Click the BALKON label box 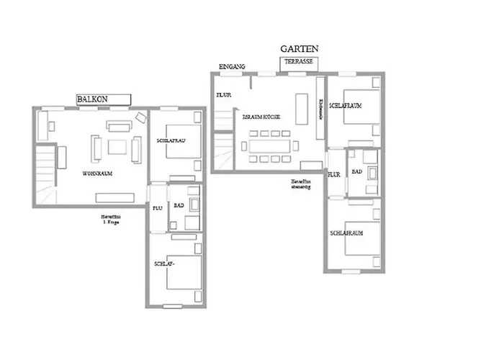pos(103,99)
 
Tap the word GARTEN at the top pos(299,49)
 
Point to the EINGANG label pos(232,66)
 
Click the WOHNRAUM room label pos(98,174)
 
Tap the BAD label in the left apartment pos(178,204)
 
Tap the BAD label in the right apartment pos(356,171)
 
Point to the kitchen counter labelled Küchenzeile pos(320,108)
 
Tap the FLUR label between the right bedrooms pos(334,174)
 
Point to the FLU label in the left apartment pos(157,208)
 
